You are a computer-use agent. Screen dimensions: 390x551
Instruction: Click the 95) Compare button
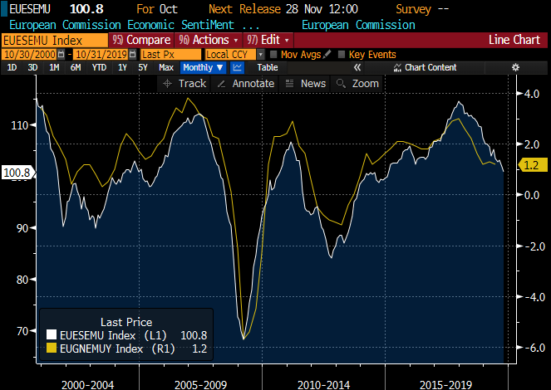[140, 40]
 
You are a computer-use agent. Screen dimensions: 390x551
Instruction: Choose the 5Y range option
[142, 67]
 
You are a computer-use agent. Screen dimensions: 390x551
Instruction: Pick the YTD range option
[99, 67]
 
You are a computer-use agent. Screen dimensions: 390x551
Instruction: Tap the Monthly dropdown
[203, 67]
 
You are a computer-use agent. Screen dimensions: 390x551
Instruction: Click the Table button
[268, 67]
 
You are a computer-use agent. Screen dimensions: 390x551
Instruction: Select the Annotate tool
[245, 83]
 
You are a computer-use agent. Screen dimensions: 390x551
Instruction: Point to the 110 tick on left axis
[20, 124]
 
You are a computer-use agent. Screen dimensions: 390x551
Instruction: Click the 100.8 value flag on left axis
[17, 173]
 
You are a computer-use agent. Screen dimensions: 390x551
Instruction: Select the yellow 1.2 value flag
[530, 165]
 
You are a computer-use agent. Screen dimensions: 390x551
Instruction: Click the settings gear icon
[515, 67]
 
